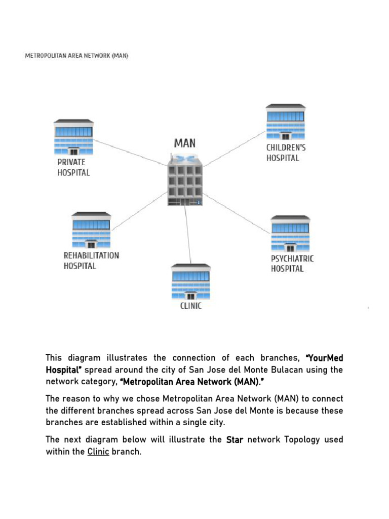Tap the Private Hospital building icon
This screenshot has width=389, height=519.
74,137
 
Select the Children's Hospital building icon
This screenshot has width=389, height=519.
286,122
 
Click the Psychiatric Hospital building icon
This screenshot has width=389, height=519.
290,234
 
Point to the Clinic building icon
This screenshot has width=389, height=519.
191,282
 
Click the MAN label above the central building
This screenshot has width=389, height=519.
185,143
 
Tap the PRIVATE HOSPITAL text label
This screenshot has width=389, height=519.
73,167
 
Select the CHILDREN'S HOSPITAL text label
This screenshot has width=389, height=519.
286,153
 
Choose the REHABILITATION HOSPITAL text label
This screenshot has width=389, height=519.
91,261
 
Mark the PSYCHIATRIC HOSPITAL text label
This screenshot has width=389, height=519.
292,264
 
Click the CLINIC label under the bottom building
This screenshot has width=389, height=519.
191,306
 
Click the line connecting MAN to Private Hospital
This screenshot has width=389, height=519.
131,153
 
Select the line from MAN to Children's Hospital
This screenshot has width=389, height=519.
234,149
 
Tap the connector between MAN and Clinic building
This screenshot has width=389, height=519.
188,235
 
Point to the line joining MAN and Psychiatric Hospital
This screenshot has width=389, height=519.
237,213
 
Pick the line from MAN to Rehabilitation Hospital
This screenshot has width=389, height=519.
140,211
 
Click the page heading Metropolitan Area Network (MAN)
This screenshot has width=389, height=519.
76,56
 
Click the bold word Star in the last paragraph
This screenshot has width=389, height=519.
235,440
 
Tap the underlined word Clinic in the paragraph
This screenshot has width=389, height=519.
98,452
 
